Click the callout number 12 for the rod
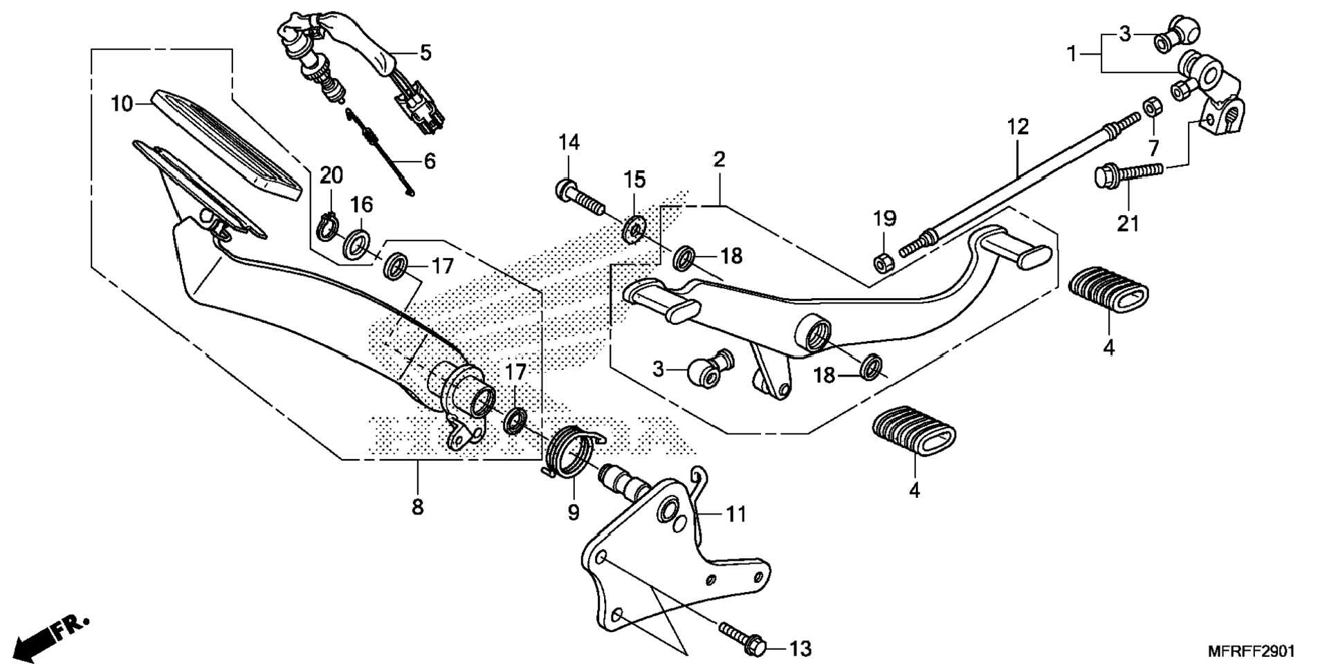(1018, 127)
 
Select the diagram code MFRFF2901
(1251, 651)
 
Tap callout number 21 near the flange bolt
(1128, 223)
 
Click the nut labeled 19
(883, 263)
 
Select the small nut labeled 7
(1153, 107)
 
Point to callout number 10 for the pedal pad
(122, 104)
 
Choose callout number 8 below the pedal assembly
(417, 507)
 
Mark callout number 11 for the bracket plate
(736, 514)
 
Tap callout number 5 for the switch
(425, 52)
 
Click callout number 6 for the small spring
(430, 161)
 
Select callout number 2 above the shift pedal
(720, 160)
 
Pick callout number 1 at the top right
(1072, 53)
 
